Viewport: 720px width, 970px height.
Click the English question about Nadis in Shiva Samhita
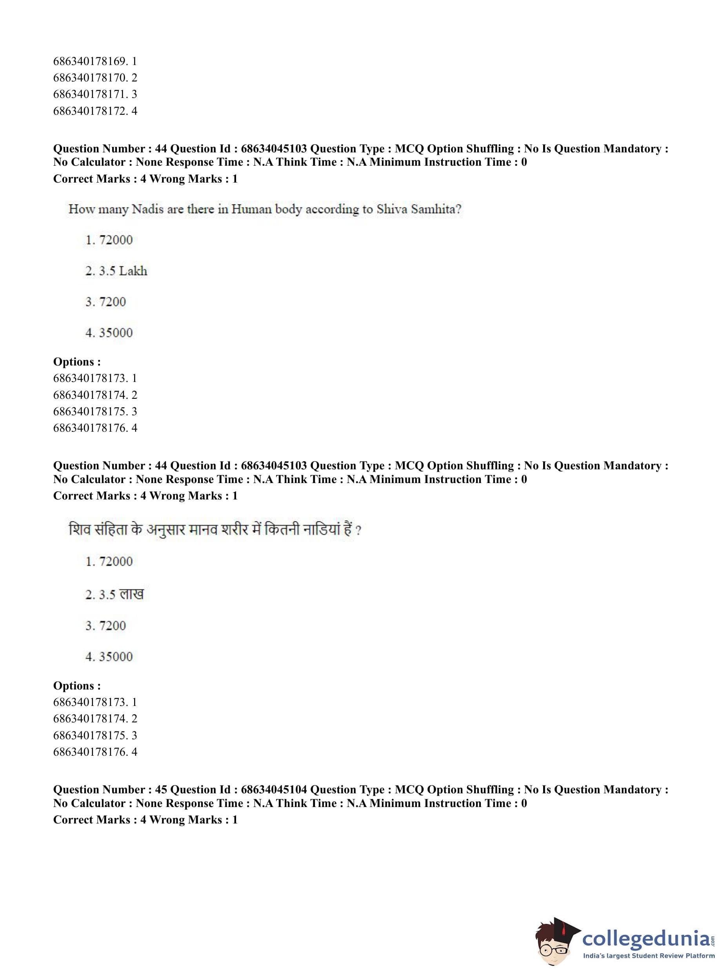point(265,210)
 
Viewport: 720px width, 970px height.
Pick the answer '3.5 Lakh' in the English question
point(116,271)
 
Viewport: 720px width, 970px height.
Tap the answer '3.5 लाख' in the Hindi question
point(114,594)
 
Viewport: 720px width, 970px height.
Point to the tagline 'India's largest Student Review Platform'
point(649,956)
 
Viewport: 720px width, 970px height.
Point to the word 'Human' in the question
point(251,210)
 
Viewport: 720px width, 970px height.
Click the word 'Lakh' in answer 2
point(133,271)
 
